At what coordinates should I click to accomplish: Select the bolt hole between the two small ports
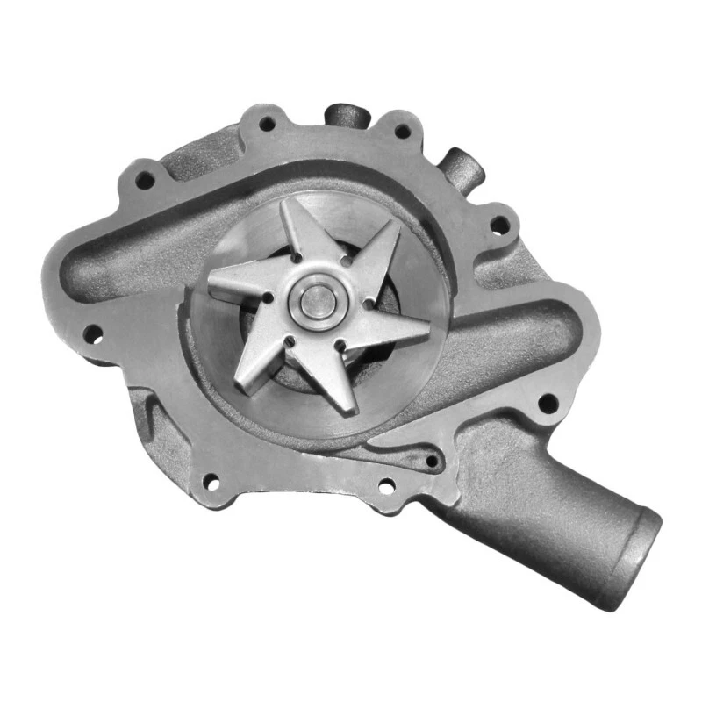click(x=403, y=133)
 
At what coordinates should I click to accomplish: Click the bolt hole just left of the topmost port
click(x=266, y=125)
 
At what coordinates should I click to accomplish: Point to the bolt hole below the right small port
click(x=498, y=225)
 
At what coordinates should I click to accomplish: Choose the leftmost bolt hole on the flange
click(x=91, y=333)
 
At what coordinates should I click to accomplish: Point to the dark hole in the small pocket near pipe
click(x=431, y=460)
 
